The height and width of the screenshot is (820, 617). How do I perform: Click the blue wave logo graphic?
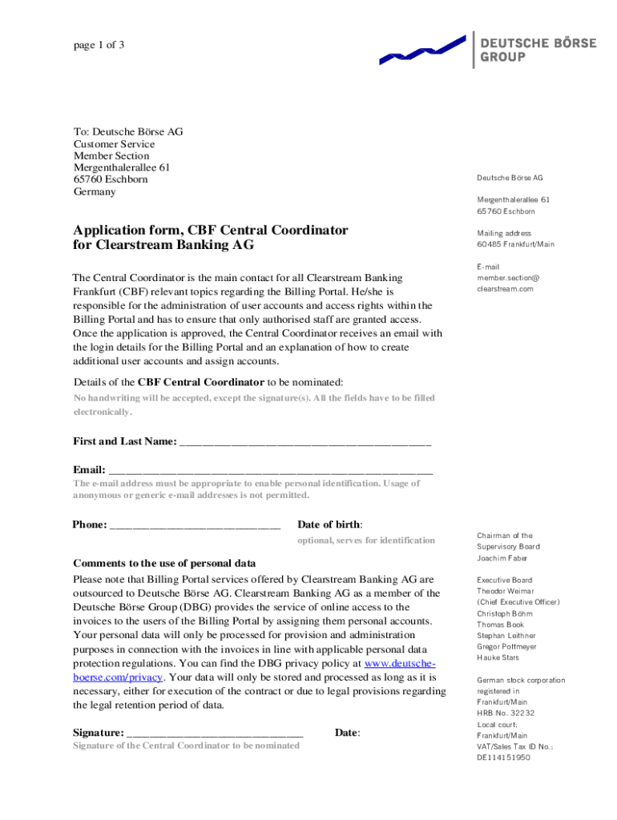[x=422, y=50]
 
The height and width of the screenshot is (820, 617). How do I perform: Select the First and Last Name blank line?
[x=305, y=443]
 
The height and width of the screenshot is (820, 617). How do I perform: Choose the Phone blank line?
[x=195, y=526]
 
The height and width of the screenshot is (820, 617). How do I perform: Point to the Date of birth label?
[x=329, y=525]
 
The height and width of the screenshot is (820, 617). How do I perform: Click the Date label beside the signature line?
[x=347, y=733]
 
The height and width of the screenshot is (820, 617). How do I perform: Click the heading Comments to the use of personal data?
[x=164, y=563]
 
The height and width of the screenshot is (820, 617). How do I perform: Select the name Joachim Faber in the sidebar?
[x=502, y=558]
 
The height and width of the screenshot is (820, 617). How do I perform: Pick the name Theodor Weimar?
[x=505, y=591]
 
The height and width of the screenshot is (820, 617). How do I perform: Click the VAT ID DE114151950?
[x=503, y=757]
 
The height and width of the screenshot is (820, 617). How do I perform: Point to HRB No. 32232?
[x=506, y=713]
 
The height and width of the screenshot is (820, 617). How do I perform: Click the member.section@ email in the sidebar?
[x=508, y=278]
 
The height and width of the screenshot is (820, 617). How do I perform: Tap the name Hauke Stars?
[x=498, y=657]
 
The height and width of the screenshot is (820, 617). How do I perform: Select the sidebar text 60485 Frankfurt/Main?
[x=515, y=244]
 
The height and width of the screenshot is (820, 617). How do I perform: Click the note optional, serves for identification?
[x=366, y=541]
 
